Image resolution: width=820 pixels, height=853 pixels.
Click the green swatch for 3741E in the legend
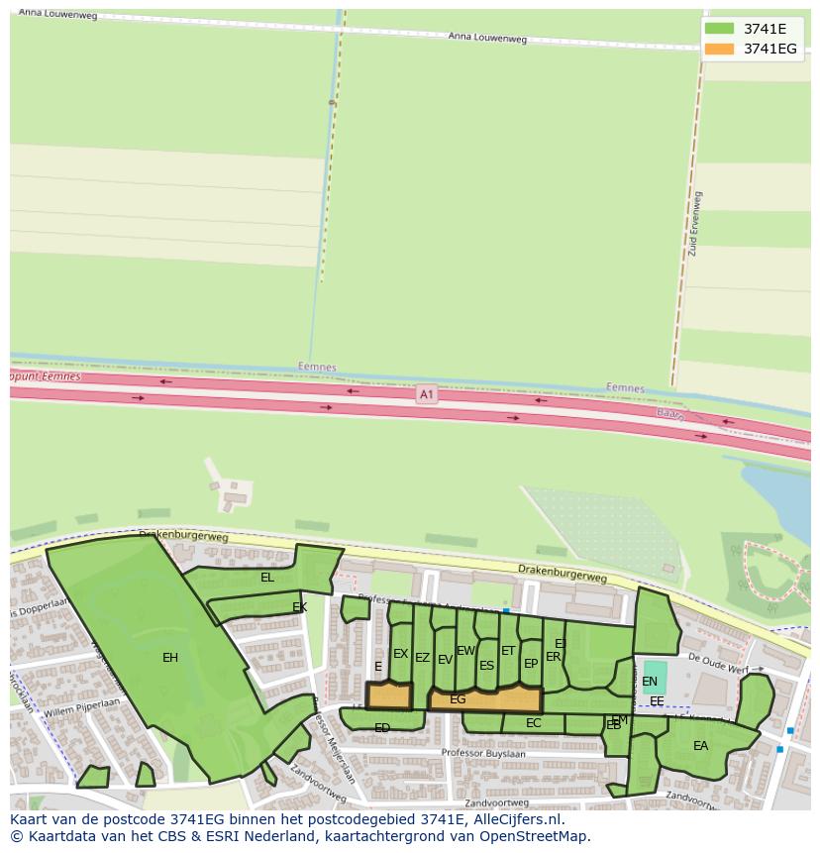click(x=720, y=29)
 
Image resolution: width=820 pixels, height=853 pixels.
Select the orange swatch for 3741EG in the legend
click(x=720, y=49)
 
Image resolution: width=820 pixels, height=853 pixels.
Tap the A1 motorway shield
click(x=426, y=393)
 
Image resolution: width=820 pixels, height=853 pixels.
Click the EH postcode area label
click(x=170, y=657)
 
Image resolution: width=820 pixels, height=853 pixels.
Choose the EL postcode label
click(x=267, y=577)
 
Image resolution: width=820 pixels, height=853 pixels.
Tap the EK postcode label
click(x=299, y=607)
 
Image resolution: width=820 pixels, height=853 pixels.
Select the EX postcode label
click(x=400, y=654)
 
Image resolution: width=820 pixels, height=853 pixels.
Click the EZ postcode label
click(x=422, y=658)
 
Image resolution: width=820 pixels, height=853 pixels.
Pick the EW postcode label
click(x=465, y=651)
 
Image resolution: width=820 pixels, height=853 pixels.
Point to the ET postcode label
click(x=508, y=651)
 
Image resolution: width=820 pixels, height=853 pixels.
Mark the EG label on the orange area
click(x=458, y=699)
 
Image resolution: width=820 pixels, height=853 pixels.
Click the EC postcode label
click(x=534, y=723)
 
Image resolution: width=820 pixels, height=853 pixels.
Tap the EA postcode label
click(x=700, y=746)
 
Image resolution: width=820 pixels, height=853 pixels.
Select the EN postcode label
click(x=650, y=682)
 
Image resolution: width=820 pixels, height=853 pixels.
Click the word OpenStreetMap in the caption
click(x=535, y=836)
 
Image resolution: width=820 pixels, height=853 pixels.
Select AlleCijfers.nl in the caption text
click(x=514, y=819)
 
